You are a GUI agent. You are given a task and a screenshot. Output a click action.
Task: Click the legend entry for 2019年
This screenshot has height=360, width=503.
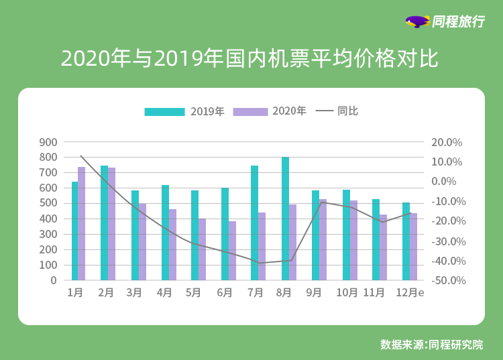pyautogui.click(x=184, y=111)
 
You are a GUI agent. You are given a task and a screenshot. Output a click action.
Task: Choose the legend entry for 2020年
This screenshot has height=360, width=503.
pyautogui.click(x=269, y=111)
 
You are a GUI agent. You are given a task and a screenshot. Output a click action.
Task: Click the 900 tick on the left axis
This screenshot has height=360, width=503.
pyautogui.click(x=48, y=142)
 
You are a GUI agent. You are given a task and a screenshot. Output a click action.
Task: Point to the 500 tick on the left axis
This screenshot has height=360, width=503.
pyautogui.click(x=48, y=203)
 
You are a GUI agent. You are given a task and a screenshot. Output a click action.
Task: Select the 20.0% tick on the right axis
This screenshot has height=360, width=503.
pyautogui.click(x=447, y=142)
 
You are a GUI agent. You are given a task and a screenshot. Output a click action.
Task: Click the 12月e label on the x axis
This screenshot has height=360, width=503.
pyautogui.click(x=410, y=293)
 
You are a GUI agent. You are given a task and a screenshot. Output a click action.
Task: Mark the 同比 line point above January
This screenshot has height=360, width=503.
pyautogui.click(x=81, y=156)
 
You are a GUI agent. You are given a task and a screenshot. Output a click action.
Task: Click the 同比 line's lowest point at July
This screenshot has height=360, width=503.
pyautogui.click(x=259, y=263)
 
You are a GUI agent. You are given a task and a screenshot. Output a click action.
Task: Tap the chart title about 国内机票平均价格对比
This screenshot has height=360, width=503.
pyautogui.click(x=249, y=59)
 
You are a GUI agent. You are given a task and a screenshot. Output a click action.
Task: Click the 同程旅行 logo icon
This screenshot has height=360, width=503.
pyautogui.click(x=417, y=21)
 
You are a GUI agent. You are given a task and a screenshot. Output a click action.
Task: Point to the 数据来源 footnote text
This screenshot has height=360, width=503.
pyautogui.click(x=431, y=345)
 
